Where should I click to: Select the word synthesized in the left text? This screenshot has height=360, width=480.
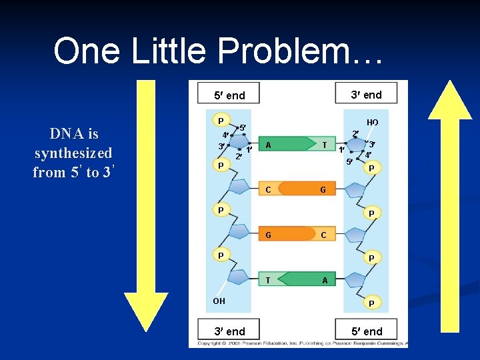coord(73,153)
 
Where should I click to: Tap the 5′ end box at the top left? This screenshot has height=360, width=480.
coord(229,95)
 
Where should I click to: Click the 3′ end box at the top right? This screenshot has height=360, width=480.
coord(366,94)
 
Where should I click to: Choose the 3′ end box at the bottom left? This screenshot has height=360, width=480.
coord(229,331)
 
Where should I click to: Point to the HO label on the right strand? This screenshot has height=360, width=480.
coord(372,123)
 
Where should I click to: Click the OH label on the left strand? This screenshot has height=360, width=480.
coord(219,301)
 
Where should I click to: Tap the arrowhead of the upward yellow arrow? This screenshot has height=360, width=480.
coord(449,100)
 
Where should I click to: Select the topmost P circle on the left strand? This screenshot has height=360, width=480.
coord(219,120)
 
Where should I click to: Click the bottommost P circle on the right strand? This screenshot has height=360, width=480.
coord(372,303)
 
